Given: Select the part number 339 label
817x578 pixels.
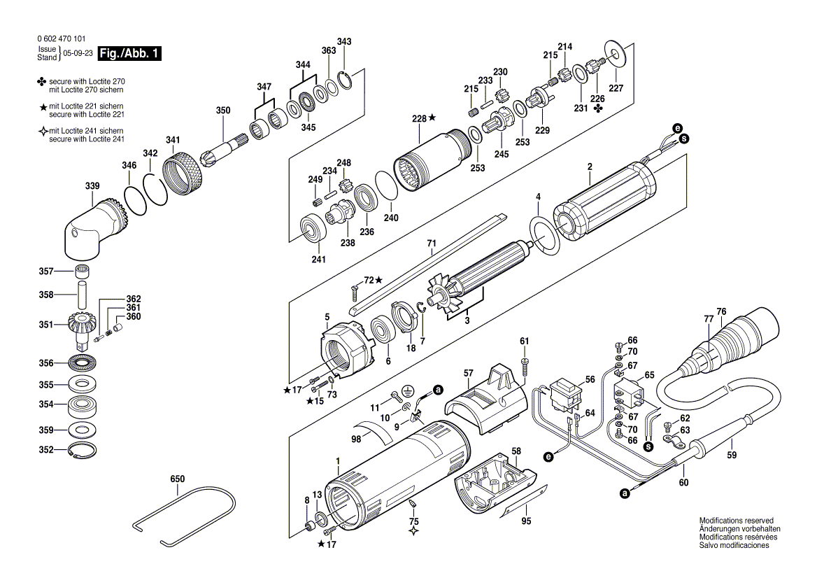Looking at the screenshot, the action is click(92, 185).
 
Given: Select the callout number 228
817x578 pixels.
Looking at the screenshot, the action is click(419, 118).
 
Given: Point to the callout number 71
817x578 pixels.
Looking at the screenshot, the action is click(432, 244).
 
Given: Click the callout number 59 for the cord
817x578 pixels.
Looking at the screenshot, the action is click(732, 455).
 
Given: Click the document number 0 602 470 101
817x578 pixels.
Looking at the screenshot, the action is click(62, 38).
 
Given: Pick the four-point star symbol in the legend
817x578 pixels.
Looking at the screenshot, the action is click(43, 132).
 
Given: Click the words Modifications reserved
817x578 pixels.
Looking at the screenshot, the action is click(737, 520).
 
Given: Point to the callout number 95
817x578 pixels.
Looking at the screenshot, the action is click(526, 521).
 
